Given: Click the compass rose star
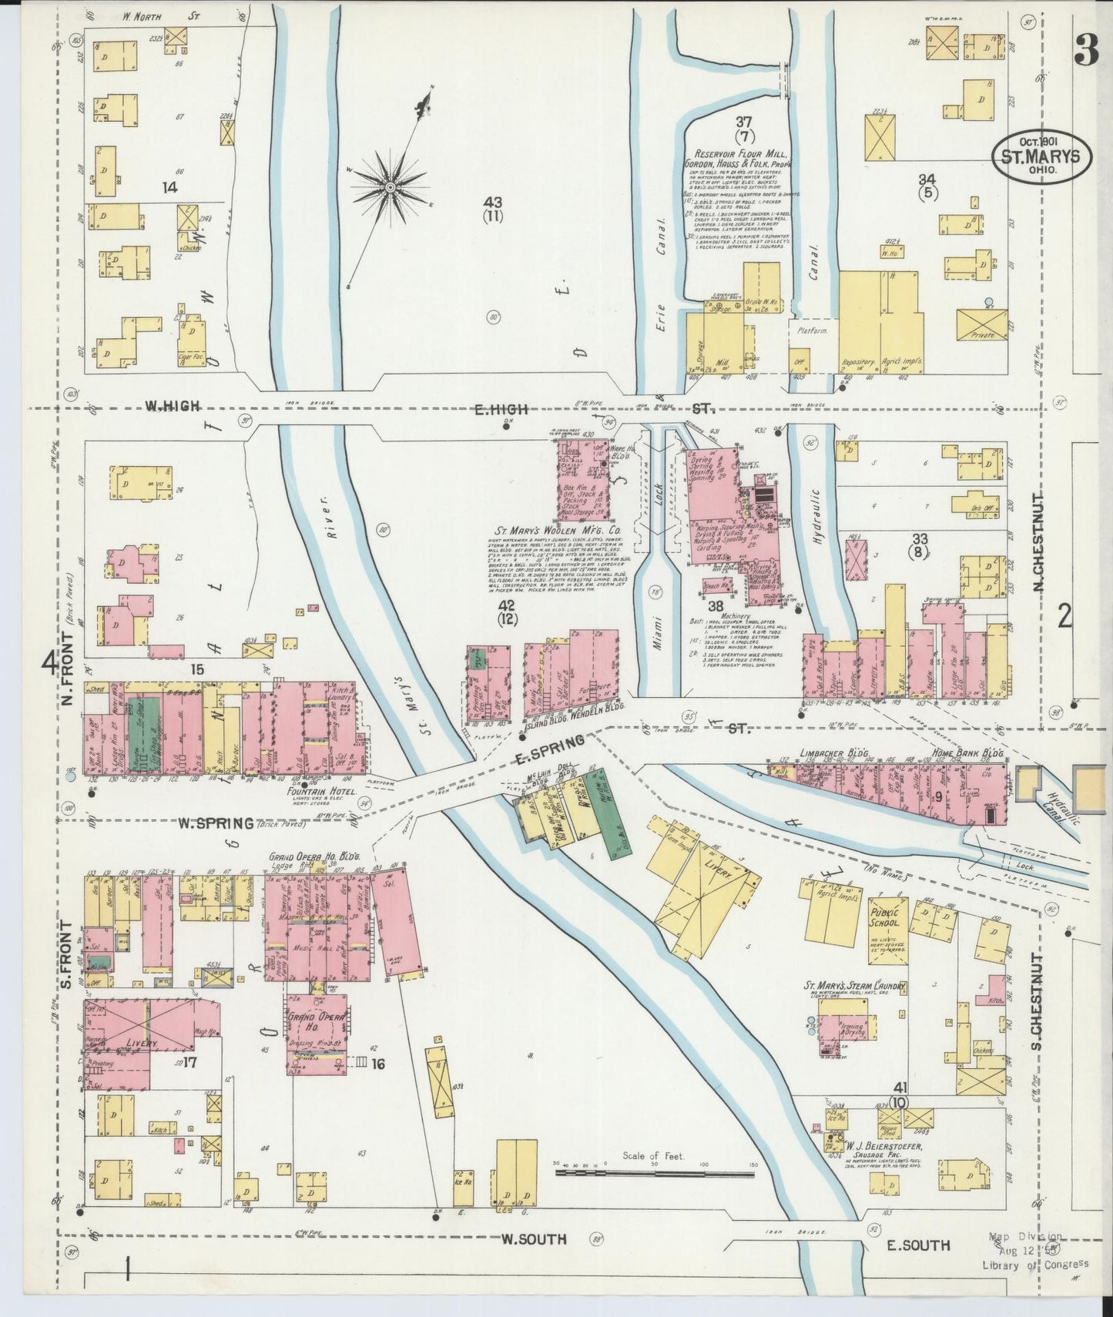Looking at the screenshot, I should click(x=391, y=187).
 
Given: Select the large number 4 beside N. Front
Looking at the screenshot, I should click(x=50, y=662).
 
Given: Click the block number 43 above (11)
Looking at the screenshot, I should click(x=493, y=202).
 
